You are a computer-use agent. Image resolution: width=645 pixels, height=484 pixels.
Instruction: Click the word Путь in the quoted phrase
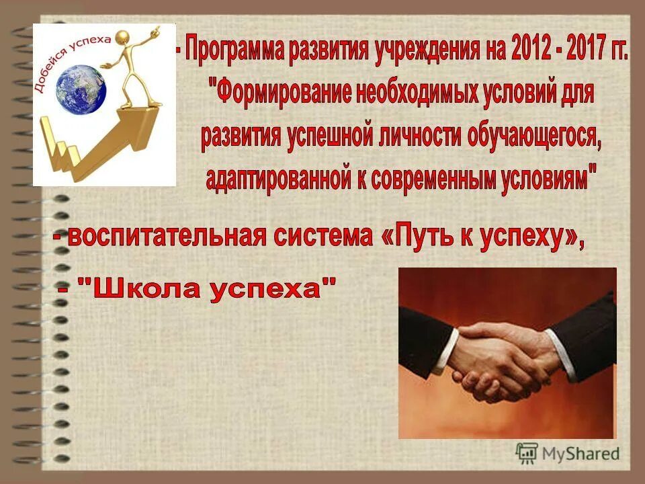[x=420, y=237]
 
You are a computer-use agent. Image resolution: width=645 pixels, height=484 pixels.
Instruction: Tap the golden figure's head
[x=123, y=38]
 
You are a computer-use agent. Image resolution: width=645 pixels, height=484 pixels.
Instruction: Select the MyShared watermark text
[x=580, y=453]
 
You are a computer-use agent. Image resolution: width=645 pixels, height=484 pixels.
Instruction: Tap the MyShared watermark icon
[x=527, y=452]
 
